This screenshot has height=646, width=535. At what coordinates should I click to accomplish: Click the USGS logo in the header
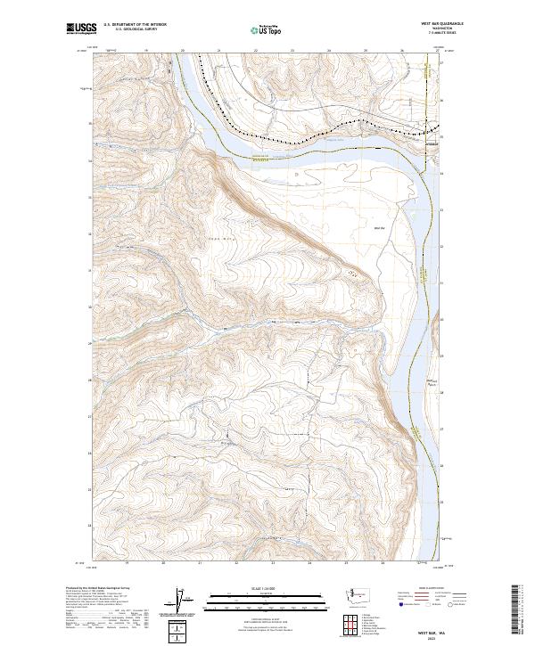(x=81, y=29)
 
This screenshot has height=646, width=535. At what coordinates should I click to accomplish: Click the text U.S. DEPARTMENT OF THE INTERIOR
(x=134, y=24)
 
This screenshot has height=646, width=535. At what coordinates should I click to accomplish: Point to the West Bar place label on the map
(x=379, y=229)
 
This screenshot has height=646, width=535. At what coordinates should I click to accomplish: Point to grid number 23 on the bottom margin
(x=273, y=563)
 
